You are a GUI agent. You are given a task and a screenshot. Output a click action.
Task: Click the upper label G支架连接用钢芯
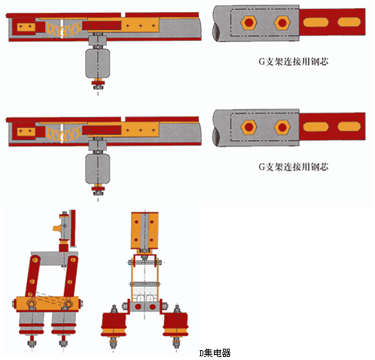[294, 62]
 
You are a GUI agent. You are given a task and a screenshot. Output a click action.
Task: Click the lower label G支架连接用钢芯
[294, 166]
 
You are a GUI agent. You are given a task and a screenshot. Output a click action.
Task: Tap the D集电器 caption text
[215, 353]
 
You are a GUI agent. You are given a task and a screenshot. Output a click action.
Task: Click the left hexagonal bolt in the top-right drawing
[248, 23]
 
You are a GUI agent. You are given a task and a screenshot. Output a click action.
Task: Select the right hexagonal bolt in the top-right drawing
[282, 23]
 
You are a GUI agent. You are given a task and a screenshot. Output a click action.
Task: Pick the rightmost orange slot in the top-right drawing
[349, 22]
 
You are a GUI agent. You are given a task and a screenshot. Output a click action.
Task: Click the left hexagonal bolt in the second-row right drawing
[248, 127]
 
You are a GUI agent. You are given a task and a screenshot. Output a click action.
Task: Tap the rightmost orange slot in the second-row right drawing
[349, 127]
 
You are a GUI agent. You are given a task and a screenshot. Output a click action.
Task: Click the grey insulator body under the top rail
[98, 63]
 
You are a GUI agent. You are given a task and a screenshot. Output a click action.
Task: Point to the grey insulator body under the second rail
[98, 169]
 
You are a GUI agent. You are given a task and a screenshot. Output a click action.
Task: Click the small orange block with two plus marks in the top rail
[26, 26]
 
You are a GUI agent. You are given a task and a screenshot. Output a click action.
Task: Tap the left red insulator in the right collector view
[114, 325]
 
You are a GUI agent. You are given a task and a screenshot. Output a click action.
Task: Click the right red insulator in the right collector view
[175, 325]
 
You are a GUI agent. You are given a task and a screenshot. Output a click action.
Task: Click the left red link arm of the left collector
[32, 276]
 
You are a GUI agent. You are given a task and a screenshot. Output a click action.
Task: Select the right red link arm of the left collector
[71, 276]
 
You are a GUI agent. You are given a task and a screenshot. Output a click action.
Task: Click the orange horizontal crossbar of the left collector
[47, 304]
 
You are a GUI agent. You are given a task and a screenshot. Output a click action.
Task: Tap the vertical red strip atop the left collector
[73, 228]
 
